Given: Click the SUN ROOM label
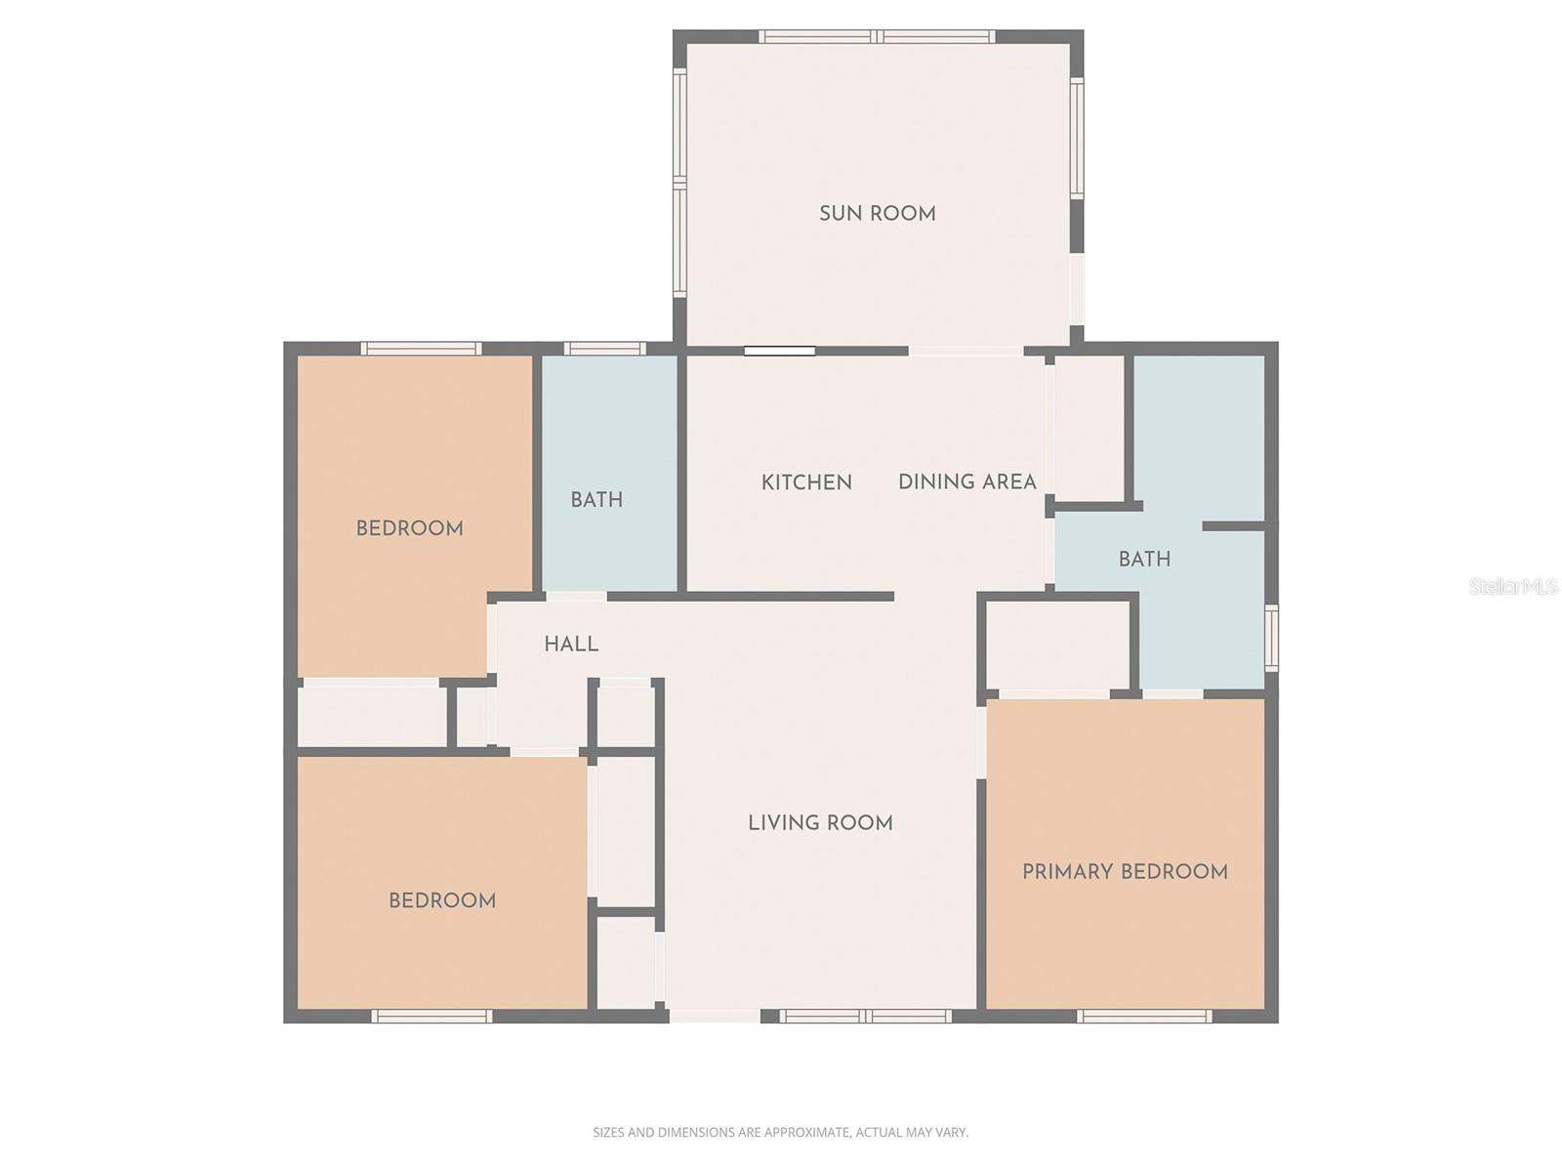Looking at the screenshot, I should click(x=877, y=214).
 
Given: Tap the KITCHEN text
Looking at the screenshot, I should click(x=806, y=482).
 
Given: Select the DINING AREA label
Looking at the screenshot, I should click(x=966, y=481).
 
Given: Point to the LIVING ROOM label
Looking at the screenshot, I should click(x=820, y=823).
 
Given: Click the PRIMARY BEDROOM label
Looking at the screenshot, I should click(x=1125, y=872).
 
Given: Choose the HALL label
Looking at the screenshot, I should click(x=571, y=645).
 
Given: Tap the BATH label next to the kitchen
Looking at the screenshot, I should click(x=596, y=500).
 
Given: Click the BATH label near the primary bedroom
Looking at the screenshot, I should click(x=1144, y=560).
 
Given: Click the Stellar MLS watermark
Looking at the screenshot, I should click(x=1512, y=587).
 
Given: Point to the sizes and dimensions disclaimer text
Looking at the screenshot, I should click(x=780, y=1133).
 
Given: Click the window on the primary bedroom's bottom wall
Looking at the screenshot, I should click(x=1144, y=1017).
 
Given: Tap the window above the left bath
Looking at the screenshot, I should click(x=604, y=349).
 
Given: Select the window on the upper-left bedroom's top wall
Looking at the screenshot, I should click(x=421, y=349).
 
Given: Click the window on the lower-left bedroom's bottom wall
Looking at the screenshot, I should click(x=432, y=1017).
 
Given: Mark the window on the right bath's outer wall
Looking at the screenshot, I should click(x=1271, y=638).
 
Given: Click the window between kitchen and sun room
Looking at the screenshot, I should click(x=779, y=351).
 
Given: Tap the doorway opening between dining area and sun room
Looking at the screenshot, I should click(x=966, y=351).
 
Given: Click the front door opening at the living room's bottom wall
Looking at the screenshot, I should click(x=715, y=1016).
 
